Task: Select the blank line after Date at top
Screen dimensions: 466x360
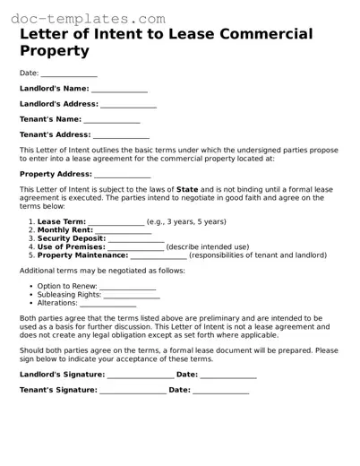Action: (x=69, y=74)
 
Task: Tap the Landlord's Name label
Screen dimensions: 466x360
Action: (x=54, y=89)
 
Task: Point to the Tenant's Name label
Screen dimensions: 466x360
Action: (x=50, y=119)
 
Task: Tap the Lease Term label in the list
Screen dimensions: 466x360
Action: (x=62, y=221)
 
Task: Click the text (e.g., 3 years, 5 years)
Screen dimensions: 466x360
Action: (x=186, y=221)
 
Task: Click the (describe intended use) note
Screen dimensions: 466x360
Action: (x=208, y=246)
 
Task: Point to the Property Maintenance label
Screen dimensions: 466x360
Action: (x=83, y=255)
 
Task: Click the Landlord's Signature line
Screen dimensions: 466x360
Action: (x=141, y=375)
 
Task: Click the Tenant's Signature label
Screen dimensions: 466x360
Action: (x=58, y=390)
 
